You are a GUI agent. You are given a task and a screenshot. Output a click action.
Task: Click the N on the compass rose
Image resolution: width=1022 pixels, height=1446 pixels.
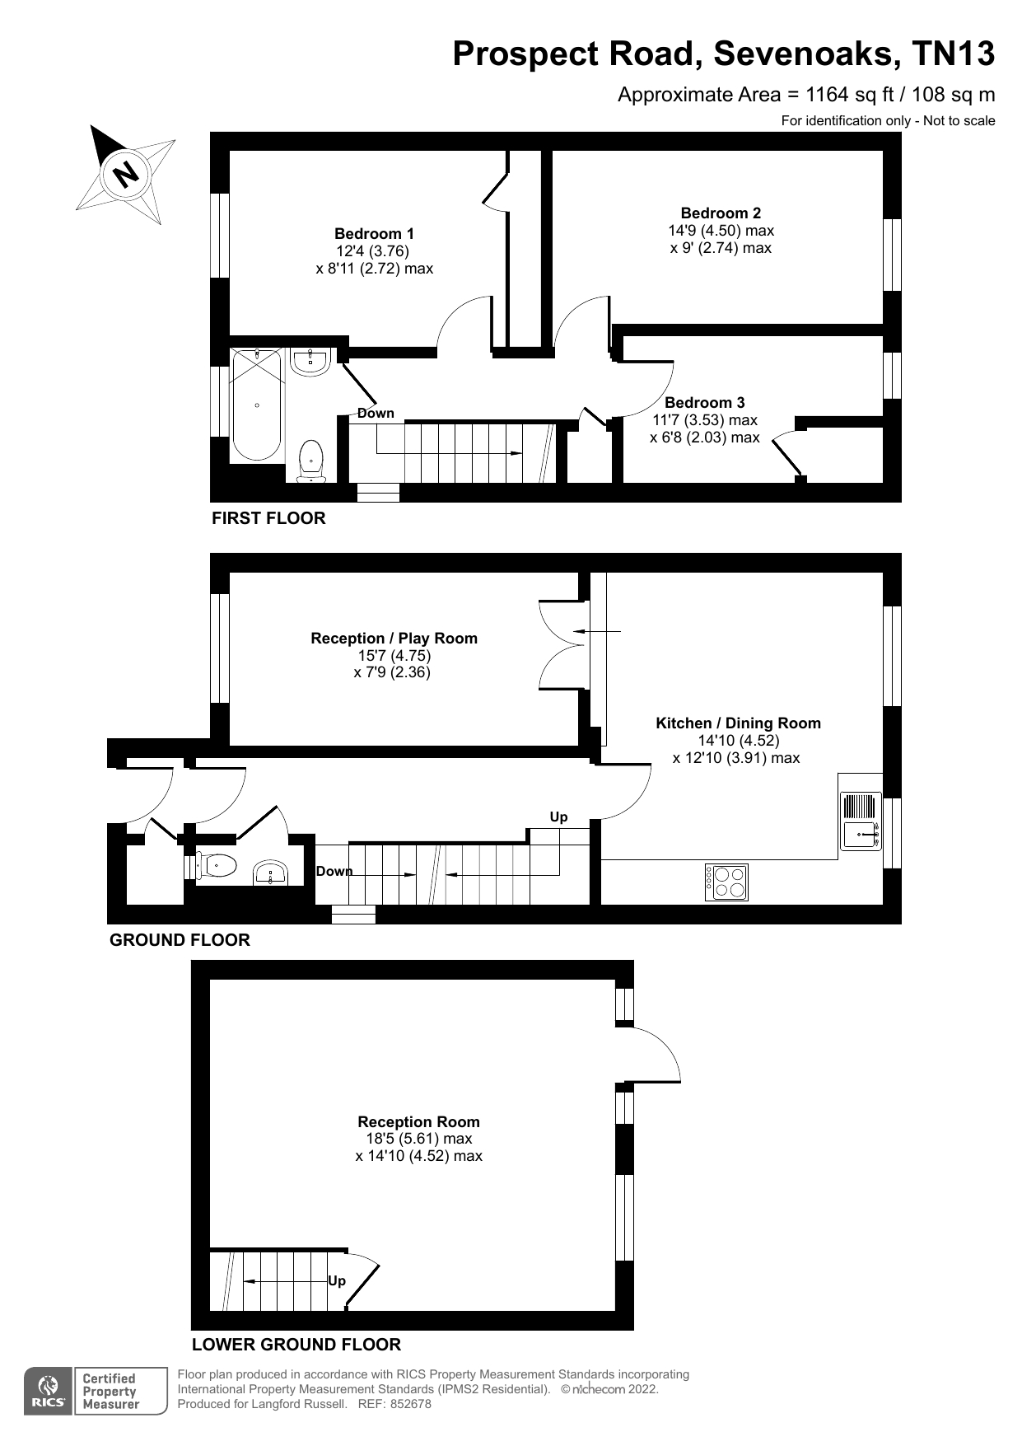tap(126, 174)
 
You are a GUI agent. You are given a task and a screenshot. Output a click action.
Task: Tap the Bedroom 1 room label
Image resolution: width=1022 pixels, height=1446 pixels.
tap(374, 234)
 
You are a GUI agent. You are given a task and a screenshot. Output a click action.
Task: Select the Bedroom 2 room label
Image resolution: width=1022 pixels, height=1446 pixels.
tap(721, 213)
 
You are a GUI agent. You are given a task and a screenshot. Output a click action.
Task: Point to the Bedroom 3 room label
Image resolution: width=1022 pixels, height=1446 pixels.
tap(704, 403)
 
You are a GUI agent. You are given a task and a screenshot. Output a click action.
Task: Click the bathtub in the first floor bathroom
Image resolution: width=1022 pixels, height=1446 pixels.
tap(258, 404)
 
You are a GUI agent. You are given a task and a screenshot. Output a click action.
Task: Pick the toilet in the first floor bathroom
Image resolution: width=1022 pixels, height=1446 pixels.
tap(310, 459)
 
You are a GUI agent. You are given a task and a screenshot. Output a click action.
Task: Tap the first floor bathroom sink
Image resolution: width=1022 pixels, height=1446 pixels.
tap(310, 361)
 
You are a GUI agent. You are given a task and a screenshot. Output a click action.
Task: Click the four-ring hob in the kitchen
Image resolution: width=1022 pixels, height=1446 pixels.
tap(727, 882)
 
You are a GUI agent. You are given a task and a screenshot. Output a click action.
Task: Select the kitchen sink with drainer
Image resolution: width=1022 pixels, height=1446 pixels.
tap(860, 821)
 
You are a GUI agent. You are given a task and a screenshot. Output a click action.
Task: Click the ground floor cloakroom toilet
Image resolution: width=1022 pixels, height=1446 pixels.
tap(217, 866)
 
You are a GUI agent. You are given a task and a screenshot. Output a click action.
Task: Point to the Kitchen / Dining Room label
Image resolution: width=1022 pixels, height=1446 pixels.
tap(738, 723)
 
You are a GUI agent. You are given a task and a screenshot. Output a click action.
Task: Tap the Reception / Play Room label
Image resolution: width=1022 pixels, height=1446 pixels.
tap(394, 639)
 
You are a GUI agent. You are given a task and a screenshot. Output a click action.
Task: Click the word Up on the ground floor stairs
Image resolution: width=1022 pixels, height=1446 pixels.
tap(558, 817)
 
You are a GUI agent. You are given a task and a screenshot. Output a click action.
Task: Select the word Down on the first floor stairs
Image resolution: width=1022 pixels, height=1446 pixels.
tap(376, 414)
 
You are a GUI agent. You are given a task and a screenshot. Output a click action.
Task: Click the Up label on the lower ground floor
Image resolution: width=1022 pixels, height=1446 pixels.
tap(337, 1281)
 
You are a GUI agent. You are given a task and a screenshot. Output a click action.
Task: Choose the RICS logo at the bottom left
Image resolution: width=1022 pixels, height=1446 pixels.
tap(49, 1392)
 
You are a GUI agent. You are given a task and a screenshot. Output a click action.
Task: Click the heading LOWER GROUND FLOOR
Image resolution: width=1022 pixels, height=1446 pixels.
tap(296, 1345)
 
